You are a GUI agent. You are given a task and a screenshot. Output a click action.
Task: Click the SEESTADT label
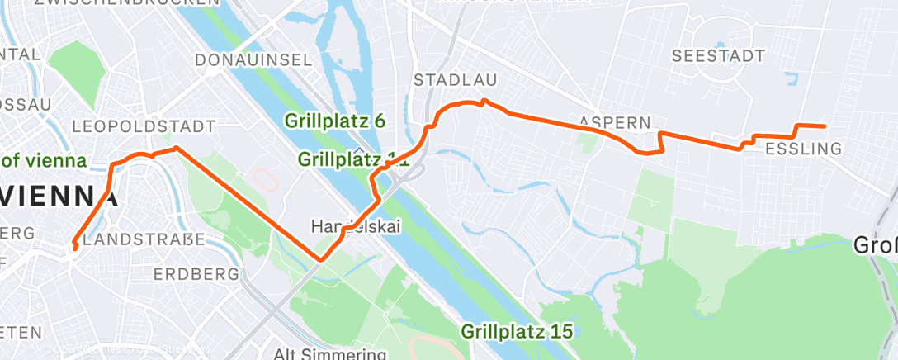719,56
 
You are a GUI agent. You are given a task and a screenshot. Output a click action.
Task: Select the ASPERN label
615,121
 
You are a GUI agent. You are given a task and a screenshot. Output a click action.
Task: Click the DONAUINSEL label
253,59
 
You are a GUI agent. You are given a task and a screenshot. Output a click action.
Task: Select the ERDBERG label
191,273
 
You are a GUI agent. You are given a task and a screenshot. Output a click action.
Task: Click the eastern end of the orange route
825,126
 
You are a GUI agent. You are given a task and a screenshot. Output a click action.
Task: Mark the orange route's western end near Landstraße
75,247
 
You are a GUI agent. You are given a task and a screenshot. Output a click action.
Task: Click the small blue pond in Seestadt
792,80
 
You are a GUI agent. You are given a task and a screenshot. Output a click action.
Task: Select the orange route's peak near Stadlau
484,101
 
